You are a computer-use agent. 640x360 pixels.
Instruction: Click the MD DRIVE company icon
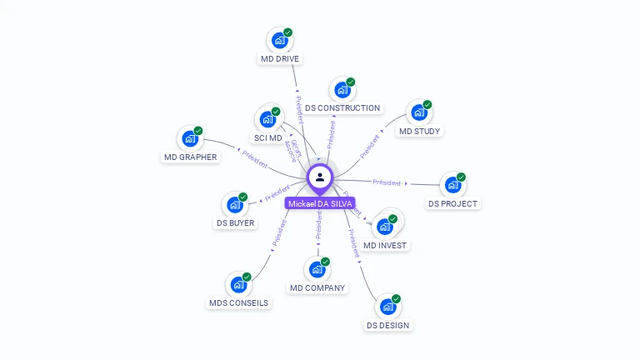(x=279, y=40)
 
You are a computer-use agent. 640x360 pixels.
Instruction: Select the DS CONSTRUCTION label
(x=342, y=107)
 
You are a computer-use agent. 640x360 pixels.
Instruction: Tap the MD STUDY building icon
(x=418, y=112)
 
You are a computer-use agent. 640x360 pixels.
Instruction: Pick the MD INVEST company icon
(x=384, y=226)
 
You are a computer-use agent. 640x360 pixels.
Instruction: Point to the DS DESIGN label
(x=387, y=325)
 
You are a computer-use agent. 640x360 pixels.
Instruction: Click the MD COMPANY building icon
(x=317, y=269)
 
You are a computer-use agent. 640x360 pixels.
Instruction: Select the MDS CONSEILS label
(x=238, y=302)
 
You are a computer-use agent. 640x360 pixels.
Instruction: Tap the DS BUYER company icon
(x=234, y=204)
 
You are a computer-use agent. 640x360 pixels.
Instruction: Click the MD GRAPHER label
(x=190, y=157)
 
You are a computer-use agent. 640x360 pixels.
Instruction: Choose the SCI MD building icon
(x=267, y=119)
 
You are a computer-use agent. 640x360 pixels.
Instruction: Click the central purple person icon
(x=320, y=177)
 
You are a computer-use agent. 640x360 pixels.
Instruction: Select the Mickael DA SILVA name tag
(x=320, y=203)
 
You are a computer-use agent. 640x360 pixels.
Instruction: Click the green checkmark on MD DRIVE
(x=288, y=32)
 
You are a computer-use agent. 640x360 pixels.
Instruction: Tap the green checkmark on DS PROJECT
(x=461, y=177)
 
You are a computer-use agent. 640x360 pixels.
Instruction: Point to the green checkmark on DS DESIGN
(x=396, y=298)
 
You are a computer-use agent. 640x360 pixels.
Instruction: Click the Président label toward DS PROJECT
(x=387, y=182)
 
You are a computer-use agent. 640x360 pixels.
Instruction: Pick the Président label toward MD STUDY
(x=370, y=146)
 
